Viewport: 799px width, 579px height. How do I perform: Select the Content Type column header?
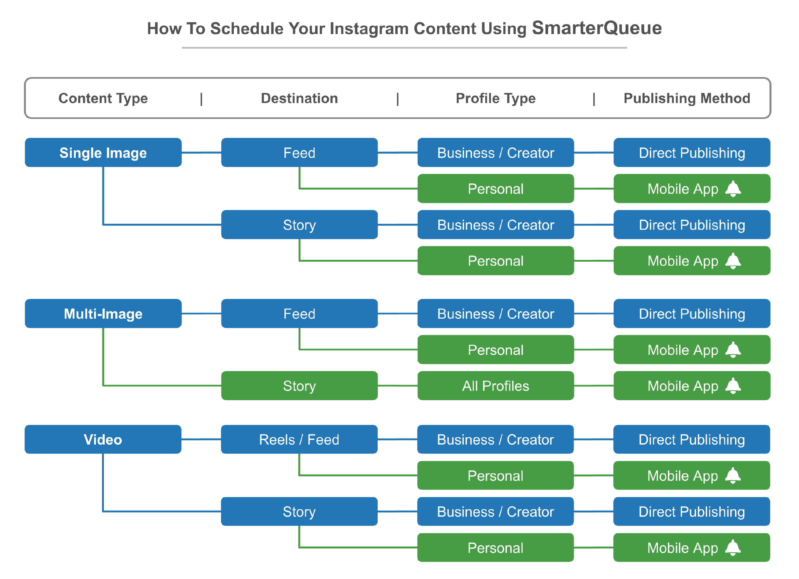click(x=103, y=98)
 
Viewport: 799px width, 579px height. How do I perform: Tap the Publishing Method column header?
click(x=687, y=98)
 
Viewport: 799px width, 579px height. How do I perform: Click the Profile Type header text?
click(x=496, y=98)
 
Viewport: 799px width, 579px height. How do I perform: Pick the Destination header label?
click(x=299, y=98)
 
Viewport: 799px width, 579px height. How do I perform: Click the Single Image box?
click(x=103, y=153)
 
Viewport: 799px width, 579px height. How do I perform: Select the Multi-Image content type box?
click(x=103, y=313)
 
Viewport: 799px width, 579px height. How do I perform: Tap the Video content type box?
click(x=103, y=439)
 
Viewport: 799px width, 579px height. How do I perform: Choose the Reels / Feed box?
click(x=299, y=439)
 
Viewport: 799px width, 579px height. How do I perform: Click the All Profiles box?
click(x=496, y=386)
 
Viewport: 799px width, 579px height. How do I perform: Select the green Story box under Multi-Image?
click(x=299, y=386)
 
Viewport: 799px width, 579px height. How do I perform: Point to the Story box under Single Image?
click(x=299, y=225)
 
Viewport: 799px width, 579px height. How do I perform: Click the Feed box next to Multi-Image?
click(x=299, y=313)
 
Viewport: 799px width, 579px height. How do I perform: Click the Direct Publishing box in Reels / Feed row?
click(x=692, y=439)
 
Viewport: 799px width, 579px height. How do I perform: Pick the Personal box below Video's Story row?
click(x=495, y=547)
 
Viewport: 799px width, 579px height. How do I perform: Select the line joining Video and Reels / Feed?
click(x=201, y=439)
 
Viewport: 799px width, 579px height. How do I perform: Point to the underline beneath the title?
click(x=405, y=48)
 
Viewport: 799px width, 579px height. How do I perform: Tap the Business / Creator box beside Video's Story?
click(x=495, y=511)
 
